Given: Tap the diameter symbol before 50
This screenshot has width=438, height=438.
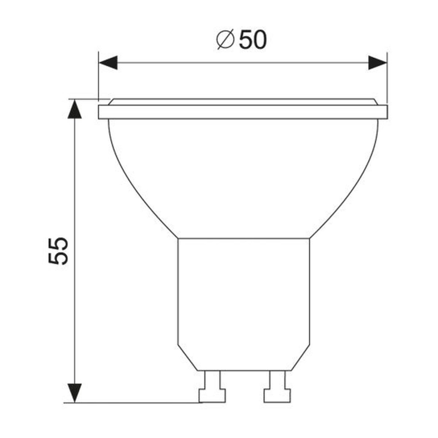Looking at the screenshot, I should pos(225,40).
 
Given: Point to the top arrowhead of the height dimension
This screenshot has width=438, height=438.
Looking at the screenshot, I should pos(75,109).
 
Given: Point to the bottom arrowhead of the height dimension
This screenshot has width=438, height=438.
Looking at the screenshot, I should pos(75,393).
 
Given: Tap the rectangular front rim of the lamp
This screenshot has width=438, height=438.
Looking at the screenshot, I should pos(243,112).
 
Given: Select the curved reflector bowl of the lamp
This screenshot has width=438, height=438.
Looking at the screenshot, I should pos(243,177).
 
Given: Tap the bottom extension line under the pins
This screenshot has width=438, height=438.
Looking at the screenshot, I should pos(131,403).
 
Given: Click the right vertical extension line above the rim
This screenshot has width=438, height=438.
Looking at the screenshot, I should pos(387,76).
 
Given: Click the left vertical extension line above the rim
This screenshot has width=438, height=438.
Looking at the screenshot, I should pos(98,76).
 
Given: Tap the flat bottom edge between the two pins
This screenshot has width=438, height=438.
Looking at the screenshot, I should pos(244,370).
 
